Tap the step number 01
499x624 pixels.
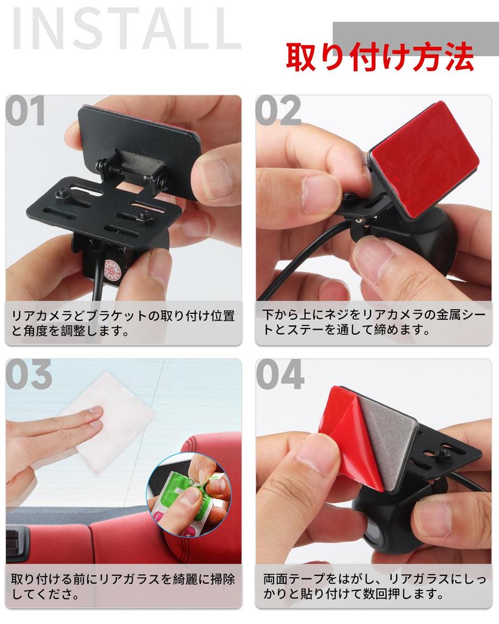27,112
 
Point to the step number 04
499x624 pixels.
280,375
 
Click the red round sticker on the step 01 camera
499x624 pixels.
113,269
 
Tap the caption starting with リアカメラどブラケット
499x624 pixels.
123,324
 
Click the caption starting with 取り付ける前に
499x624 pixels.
123,586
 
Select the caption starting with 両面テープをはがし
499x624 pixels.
373,586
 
